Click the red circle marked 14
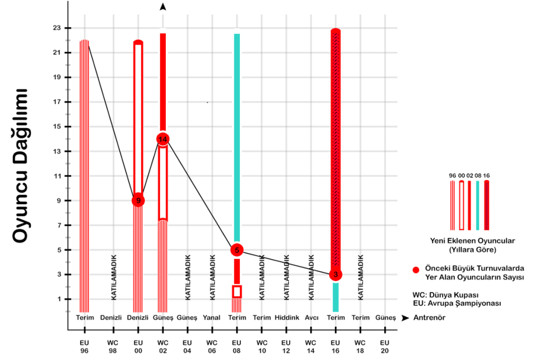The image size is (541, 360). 163,139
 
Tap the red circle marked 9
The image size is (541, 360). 138,201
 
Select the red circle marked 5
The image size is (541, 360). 237,250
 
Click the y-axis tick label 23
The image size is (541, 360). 55,28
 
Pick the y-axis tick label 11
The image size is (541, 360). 55,176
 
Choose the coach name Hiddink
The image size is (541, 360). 286,318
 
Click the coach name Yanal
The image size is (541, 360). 212,318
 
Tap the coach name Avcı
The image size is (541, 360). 311,318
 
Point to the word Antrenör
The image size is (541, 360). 429,318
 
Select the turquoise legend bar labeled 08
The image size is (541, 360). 478,205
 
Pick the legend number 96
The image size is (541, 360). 452,176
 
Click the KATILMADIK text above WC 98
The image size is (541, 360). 114,277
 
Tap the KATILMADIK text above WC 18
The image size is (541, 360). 361,277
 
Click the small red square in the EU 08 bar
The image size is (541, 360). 237,291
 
